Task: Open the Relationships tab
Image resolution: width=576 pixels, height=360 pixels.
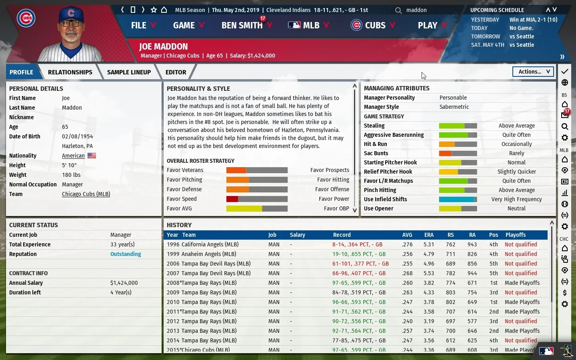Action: click(x=70, y=72)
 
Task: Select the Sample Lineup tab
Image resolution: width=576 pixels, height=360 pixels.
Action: click(x=129, y=72)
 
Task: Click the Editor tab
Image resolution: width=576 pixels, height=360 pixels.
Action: click(x=176, y=72)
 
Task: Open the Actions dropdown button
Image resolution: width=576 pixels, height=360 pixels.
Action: click(x=533, y=72)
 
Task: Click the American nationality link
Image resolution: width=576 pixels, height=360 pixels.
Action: click(x=73, y=156)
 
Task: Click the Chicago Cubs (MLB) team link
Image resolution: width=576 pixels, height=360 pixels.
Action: click(x=86, y=194)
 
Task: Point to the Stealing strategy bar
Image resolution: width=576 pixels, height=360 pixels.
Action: click(x=458, y=126)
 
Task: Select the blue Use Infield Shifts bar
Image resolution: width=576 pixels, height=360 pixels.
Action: click(x=458, y=199)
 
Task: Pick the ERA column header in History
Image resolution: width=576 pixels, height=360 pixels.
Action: click(x=428, y=235)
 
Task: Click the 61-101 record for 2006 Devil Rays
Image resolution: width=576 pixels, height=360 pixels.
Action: click(x=360, y=264)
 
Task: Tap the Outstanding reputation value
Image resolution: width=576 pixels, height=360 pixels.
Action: click(x=126, y=254)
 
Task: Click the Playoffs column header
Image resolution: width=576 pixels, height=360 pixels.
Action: click(x=515, y=235)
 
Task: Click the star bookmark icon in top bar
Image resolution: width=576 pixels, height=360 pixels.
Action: click(x=154, y=10)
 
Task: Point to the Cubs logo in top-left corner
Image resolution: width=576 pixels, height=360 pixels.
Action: click(x=26, y=18)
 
